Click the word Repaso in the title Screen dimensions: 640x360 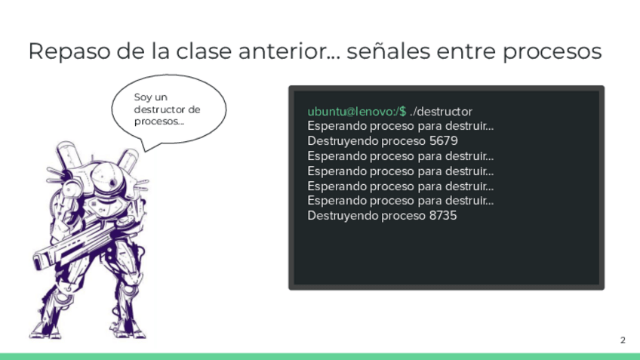click(69, 52)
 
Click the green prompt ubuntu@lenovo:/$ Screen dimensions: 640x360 click(357, 112)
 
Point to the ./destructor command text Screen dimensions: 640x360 click(441, 112)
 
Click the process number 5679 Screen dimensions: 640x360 click(443, 141)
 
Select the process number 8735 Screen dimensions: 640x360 click(443, 216)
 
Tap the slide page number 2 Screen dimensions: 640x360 click(623, 340)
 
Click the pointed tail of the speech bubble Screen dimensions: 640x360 click(146, 150)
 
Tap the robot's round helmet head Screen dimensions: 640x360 click(106, 176)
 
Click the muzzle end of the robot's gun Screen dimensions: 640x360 click(38, 261)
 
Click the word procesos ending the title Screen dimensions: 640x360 click(552, 52)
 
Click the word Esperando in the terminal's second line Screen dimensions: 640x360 click(337, 126)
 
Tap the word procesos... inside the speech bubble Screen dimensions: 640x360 click(159, 122)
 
